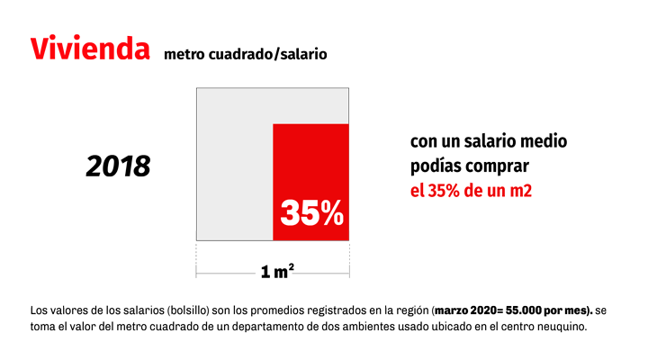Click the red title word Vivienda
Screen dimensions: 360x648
pyautogui.click(x=90, y=49)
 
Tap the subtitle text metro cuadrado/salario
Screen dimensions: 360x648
pyautogui.click(x=245, y=54)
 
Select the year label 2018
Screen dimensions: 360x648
pyautogui.click(x=119, y=166)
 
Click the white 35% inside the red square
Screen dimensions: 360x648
pyautogui.click(x=311, y=213)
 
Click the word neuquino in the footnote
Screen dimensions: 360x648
pyautogui.click(x=559, y=326)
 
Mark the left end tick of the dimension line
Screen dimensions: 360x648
pyautogui.click(x=196, y=271)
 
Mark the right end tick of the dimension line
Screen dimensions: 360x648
pyautogui.click(x=349, y=271)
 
